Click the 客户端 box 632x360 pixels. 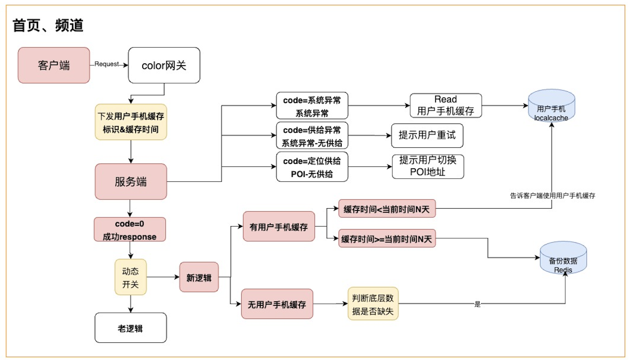54,65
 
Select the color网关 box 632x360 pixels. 164,65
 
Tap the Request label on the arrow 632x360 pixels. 107,64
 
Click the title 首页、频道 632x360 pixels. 48,26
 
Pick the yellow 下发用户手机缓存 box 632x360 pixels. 131,122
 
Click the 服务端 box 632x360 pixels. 131,181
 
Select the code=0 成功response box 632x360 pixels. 130,230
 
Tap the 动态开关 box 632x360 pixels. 131,277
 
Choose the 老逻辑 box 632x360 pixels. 131,328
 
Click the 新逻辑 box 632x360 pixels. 199,278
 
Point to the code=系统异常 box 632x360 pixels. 312,106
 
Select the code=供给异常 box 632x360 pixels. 312,136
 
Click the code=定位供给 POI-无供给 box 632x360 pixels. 312,167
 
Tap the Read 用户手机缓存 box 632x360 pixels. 445,106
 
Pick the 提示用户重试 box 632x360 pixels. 427,136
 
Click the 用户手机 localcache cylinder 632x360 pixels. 551,106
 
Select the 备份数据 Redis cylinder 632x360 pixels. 563,258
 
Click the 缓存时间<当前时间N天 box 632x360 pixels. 387,209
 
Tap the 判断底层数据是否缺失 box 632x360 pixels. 373,304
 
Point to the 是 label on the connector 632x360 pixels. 477,304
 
